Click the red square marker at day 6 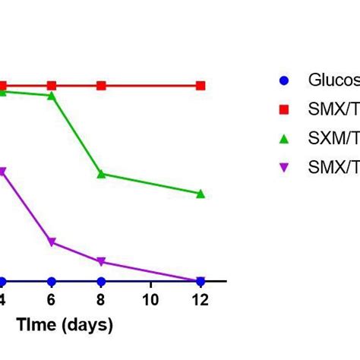tap(52, 86)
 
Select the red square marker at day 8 tap(101, 86)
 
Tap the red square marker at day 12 tap(201, 86)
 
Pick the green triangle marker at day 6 tap(52, 96)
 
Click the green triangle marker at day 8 tap(101, 174)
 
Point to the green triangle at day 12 tap(201, 194)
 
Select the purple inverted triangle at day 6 tap(52, 242)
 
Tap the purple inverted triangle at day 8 tap(101, 262)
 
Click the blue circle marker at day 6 tap(52, 281)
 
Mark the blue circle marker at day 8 tap(101, 281)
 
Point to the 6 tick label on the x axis tap(52, 299)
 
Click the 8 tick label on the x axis tap(101, 299)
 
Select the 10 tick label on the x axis tap(150, 299)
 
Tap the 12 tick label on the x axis tap(201, 299)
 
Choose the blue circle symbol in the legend tap(285, 80)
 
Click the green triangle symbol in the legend tap(285, 138)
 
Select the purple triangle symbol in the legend tap(285, 168)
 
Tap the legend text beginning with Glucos tap(333, 81)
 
